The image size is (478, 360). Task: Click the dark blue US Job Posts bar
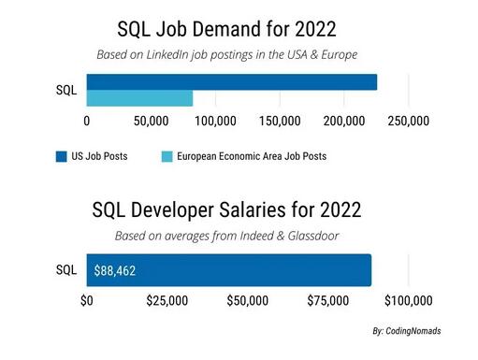tap(231, 81)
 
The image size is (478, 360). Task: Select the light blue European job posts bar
tap(139, 97)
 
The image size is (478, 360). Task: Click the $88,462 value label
tap(114, 270)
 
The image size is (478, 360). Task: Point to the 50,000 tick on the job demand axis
tap(151, 121)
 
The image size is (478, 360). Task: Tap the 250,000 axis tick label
tap(409, 121)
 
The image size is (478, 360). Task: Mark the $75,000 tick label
tap(328, 301)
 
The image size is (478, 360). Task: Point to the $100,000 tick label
tap(408, 301)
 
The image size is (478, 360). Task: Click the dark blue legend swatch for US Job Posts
tap(61, 156)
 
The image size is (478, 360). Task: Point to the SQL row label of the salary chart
tap(66, 270)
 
